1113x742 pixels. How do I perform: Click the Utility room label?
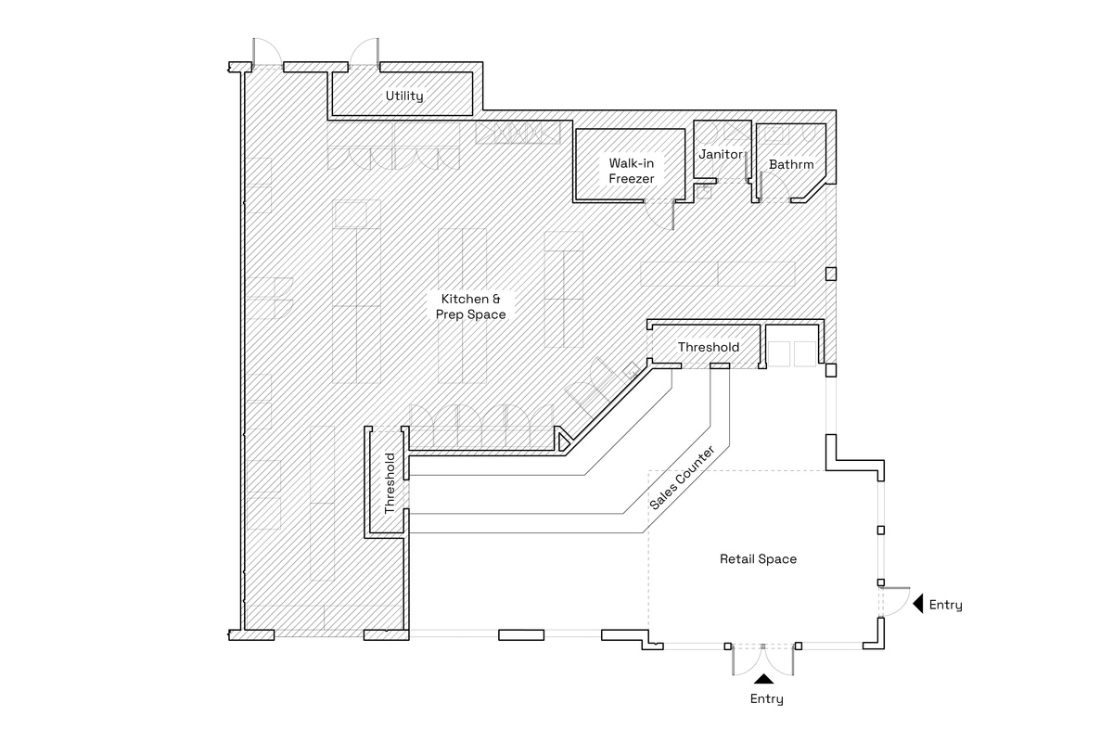click(404, 96)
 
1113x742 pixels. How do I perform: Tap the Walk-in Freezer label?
click(632, 170)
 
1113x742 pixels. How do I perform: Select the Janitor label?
click(720, 154)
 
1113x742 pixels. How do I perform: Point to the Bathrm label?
click(790, 165)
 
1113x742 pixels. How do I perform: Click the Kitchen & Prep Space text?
click(471, 307)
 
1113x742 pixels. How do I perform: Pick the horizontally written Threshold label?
click(709, 347)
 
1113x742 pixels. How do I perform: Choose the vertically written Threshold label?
click(390, 483)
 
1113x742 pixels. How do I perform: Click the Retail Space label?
click(758, 559)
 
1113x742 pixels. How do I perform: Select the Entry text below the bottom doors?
click(766, 699)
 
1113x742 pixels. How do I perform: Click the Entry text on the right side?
click(945, 606)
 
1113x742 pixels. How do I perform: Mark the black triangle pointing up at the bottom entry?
click(763, 680)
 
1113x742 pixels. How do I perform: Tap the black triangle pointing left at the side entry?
click(916, 605)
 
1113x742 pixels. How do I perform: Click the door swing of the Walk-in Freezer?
click(662, 214)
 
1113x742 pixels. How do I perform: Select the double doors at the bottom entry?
click(762, 660)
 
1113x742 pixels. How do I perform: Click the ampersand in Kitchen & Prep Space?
click(496, 299)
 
